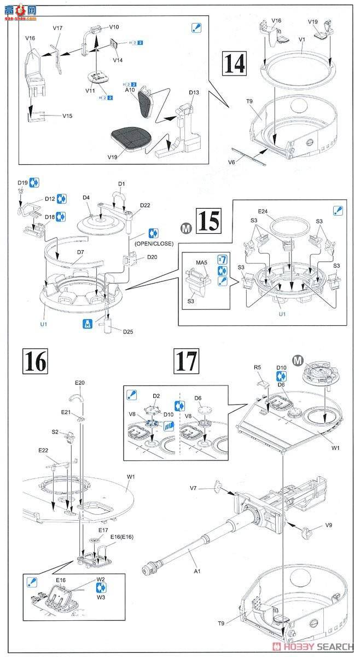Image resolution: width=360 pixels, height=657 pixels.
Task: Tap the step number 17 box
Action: [186, 360]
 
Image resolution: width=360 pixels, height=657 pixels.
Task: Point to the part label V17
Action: [58, 27]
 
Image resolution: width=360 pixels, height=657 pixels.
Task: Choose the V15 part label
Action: [67, 116]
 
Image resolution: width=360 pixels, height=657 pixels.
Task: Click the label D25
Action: [129, 332]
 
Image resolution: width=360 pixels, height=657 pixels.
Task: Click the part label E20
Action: [80, 382]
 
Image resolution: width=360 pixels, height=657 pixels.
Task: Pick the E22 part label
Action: [43, 450]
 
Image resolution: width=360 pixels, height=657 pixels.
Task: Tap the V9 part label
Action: [328, 525]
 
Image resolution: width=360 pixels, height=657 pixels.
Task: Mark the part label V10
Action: [114, 26]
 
